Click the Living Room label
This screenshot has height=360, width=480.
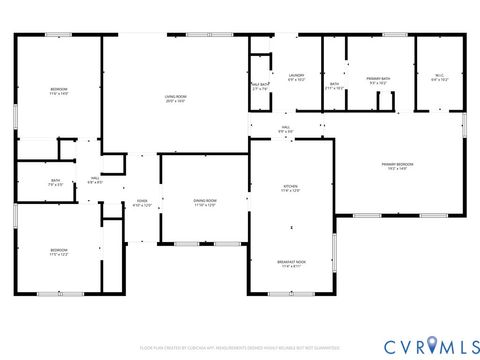(176, 96)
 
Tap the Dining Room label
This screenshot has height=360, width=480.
(205, 200)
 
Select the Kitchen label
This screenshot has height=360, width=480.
(290, 186)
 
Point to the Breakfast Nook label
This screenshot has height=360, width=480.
(290, 262)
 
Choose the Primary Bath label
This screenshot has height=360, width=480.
(378, 78)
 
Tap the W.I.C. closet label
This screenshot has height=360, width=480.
(439, 75)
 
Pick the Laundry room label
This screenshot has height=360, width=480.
(296, 75)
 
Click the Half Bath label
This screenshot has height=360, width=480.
(261, 84)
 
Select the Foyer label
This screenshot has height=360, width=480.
(142, 201)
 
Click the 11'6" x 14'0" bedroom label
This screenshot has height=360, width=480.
(59, 89)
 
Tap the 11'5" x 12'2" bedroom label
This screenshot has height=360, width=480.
(59, 249)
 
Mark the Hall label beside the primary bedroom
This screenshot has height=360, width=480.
(285, 128)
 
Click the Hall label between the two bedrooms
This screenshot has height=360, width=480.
(94, 178)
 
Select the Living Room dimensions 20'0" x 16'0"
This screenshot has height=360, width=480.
(176, 100)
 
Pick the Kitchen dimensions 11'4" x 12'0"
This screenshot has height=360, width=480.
(290, 190)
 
